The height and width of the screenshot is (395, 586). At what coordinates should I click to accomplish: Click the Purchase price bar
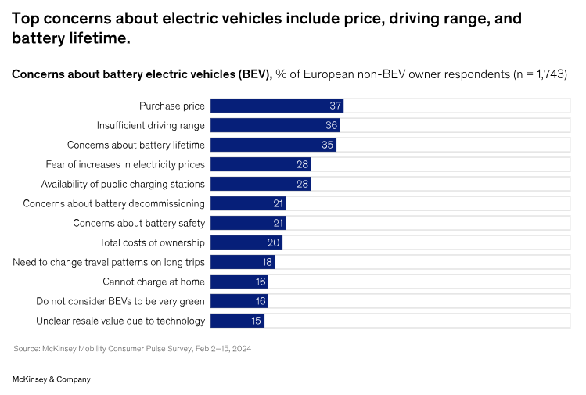[276, 106]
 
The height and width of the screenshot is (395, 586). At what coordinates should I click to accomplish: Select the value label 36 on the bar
[332, 125]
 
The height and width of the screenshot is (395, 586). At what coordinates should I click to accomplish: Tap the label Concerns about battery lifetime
[136, 145]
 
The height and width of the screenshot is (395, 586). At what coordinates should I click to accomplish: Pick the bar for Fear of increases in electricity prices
[261, 164]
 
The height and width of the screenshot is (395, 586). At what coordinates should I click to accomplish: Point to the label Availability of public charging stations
[123, 184]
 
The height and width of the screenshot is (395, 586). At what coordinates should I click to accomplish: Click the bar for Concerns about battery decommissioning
[248, 203]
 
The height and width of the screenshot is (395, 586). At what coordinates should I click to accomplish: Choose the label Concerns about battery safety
[138, 223]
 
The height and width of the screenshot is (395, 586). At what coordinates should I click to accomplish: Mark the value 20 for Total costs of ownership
[273, 242]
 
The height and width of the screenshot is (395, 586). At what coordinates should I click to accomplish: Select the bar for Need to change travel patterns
[243, 262]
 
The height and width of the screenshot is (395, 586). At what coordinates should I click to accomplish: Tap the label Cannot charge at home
[153, 282]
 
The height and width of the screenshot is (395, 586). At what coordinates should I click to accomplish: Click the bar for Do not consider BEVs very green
[239, 301]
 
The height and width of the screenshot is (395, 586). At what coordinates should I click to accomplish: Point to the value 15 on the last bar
[257, 321]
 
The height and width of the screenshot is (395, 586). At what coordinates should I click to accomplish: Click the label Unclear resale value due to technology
[120, 321]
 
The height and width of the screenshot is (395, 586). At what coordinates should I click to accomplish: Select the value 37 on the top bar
[335, 106]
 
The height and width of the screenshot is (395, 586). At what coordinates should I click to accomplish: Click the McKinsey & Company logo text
[52, 379]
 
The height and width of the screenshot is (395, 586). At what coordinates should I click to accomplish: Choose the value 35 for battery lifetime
[328, 145]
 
